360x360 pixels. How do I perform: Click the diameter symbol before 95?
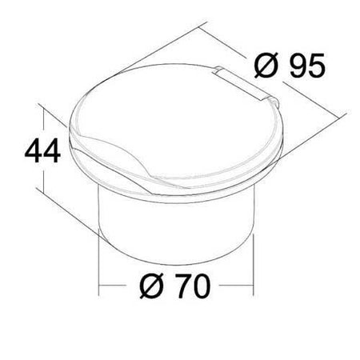(265, 65)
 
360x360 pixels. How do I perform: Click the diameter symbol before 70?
(151, 286)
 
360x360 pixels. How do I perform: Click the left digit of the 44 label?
(34, 150)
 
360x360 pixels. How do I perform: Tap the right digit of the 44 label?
(52, 150)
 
